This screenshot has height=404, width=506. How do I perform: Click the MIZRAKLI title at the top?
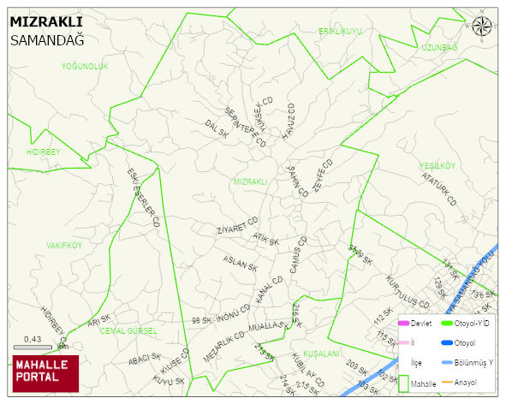click(x=45, y=22)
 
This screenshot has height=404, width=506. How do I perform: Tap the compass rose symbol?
click(x=482, y=26)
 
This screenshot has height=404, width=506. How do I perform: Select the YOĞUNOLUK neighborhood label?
click(x=85, y=66)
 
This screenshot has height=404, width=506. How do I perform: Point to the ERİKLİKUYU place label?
click(x=341, y=31)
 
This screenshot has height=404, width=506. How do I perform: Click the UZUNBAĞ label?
click(x=440, y=47)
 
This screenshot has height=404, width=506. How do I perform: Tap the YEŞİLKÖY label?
click(x=438, y=165)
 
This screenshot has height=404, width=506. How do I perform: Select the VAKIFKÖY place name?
click(x=64, y=245)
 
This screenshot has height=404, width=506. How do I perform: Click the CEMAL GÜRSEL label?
click(x=129, y=330)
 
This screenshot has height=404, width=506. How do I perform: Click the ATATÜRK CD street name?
click(x=440, y=189)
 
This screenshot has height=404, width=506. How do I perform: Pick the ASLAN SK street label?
click(x=240, y=263)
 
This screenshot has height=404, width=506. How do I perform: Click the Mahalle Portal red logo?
click(x=45, y=372)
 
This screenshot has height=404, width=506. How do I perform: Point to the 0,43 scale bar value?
click(x=33, y=340)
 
